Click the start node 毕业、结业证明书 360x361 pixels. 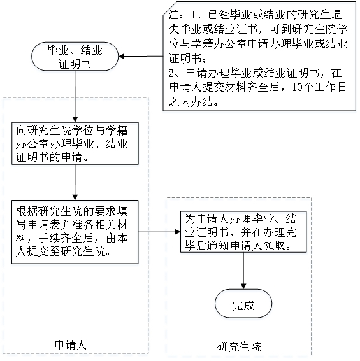(75, 57)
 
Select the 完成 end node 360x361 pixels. (243, 304)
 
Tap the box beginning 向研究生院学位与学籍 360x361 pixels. (75, 143)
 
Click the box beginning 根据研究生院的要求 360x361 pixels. (75, 232)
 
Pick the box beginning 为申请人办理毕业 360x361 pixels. (243, 232)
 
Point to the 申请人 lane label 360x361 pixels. (70, 345)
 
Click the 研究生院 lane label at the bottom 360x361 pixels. (239, 347)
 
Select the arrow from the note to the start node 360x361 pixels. (141, 57)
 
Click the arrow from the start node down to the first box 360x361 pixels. (75, 97)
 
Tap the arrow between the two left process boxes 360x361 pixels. (75, 182)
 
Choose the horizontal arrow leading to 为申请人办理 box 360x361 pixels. (159, 232)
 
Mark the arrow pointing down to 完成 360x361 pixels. (243, 271)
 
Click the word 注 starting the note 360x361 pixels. (174, 15)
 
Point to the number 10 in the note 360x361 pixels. (298, 87)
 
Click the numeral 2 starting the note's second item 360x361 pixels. (171, 73)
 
